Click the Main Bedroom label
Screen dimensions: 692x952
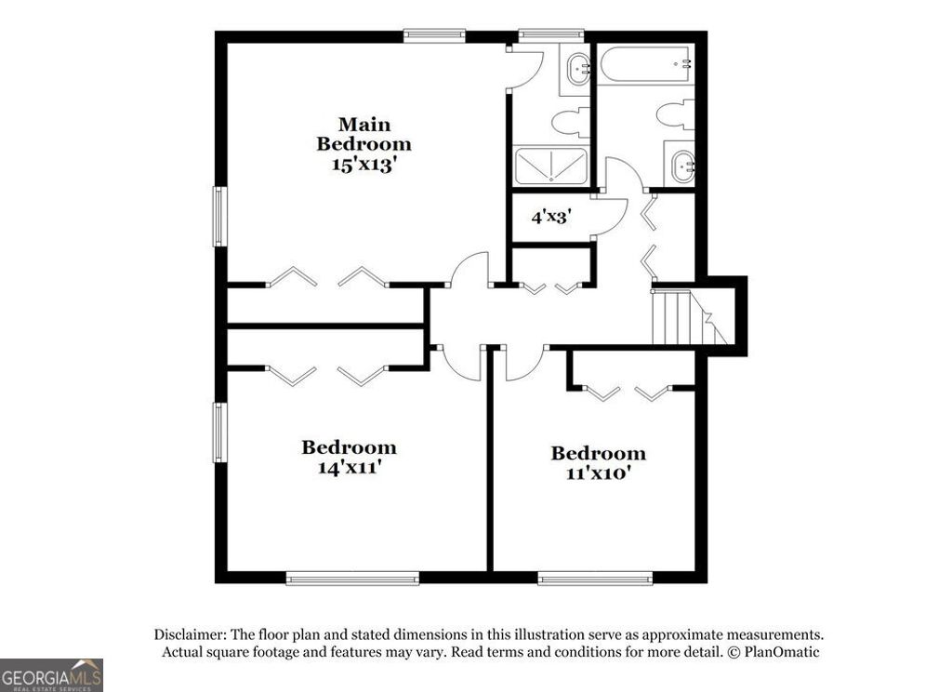coord(364,134)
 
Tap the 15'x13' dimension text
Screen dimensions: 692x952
coord(364,165)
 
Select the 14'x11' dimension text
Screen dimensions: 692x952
coord(349,468)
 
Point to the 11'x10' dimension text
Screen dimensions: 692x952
coord(598,473)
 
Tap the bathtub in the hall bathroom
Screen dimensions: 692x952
coord(645,64)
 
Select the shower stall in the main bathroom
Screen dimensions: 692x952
coord(551,166)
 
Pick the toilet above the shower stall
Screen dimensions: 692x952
coord(569,123)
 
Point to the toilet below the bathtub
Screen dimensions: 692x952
coord(676,114)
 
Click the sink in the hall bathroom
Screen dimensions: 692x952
coord(681,165)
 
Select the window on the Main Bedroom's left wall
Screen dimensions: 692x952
coord(219,217)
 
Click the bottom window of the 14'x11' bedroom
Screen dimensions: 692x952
coord(352,578)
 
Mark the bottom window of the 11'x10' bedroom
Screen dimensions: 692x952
coord(595,578)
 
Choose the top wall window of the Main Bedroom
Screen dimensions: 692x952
coord(434,36)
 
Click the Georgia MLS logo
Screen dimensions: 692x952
coord(51,674)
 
